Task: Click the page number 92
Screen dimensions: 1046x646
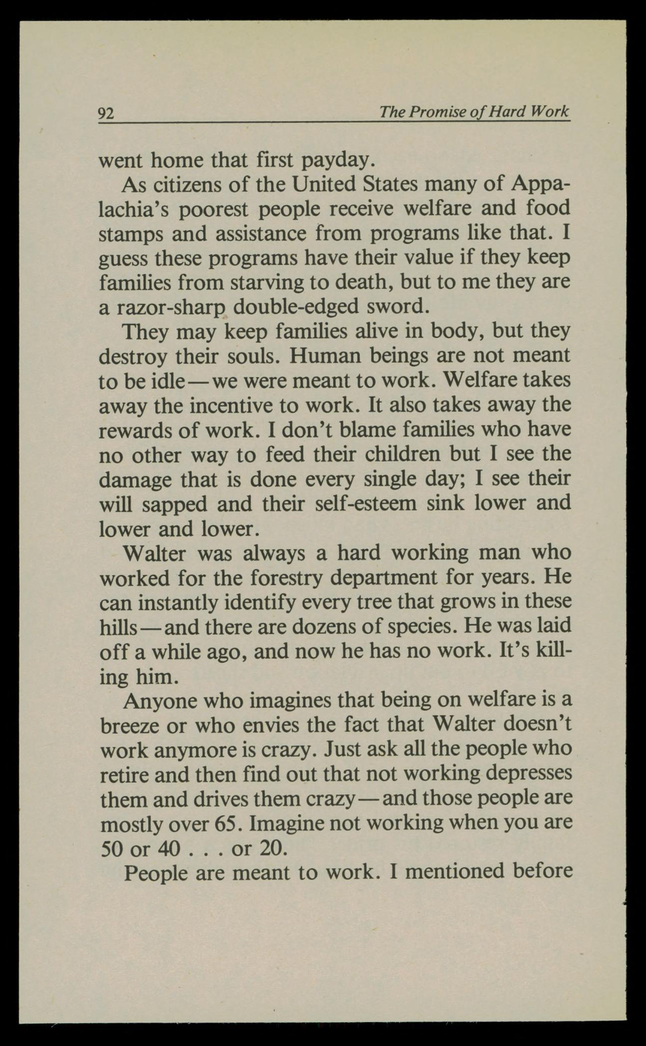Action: tap(106, 114)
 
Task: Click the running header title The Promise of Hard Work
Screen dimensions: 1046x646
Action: tap(473, 111)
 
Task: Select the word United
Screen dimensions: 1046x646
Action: tap(324, 184)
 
